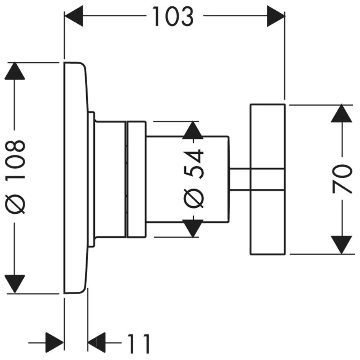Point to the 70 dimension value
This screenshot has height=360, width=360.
[x=341, y=179]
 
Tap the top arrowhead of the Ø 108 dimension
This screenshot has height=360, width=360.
[x=15, y=71]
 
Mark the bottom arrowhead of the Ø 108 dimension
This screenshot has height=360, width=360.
[x=15, y=284]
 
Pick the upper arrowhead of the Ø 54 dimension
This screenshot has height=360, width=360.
[x=193, y=131]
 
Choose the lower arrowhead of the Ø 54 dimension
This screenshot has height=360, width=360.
[x=193, y=228]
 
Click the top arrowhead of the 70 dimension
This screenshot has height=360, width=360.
[x=341, y=114]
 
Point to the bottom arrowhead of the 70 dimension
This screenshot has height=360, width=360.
[x=341, y=244]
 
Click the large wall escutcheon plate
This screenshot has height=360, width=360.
[x=75, y=177]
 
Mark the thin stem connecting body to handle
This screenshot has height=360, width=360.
[x=239, y=180]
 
